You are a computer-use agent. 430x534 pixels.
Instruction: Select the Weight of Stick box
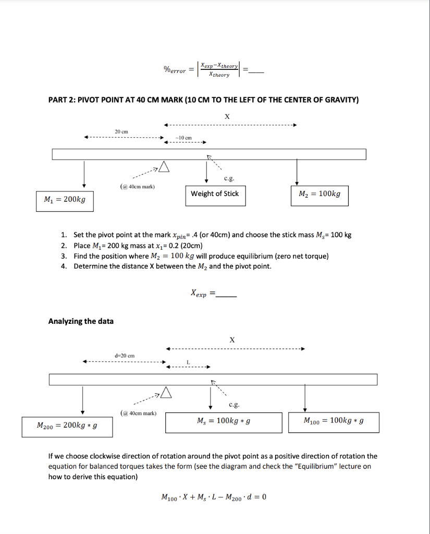(215, 193)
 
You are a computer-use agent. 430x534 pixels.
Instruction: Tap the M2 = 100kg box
(319, 194)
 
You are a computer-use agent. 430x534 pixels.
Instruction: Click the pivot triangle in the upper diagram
(164, 166)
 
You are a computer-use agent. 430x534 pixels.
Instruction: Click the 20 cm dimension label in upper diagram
(121, 131)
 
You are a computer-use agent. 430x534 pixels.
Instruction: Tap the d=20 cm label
(125, 356)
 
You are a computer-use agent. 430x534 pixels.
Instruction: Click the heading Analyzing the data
(81, 321)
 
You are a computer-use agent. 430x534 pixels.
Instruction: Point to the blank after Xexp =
(226, 296)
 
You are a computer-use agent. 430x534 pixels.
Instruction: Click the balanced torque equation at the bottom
(214, 496)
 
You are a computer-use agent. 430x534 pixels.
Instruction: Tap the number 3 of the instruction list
(64, 256)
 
